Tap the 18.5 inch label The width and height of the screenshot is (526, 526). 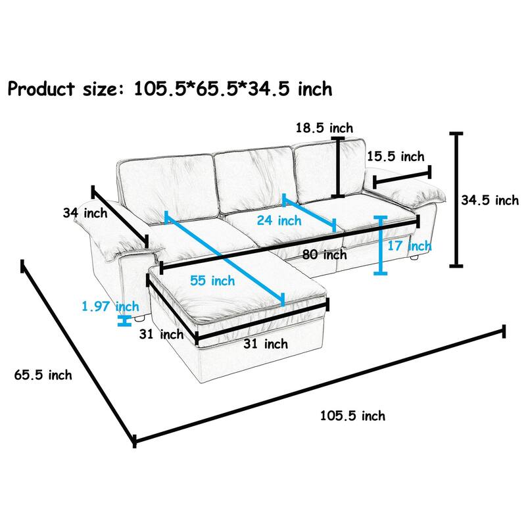(324, 128)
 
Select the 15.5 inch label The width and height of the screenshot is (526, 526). (395, 156)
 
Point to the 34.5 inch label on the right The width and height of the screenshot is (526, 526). (489, 201)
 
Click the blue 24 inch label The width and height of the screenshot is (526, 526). (279, 221)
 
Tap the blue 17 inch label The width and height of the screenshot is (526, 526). (410, 246)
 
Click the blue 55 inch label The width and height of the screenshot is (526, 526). (212, 281)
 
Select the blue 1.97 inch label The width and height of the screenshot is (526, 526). (110, 306)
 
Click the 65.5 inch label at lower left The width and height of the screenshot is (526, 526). (43, 375)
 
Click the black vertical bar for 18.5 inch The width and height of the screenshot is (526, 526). (338, 167)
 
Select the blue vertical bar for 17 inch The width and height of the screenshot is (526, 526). (380, 245)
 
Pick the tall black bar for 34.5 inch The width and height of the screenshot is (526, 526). (454, 200)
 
